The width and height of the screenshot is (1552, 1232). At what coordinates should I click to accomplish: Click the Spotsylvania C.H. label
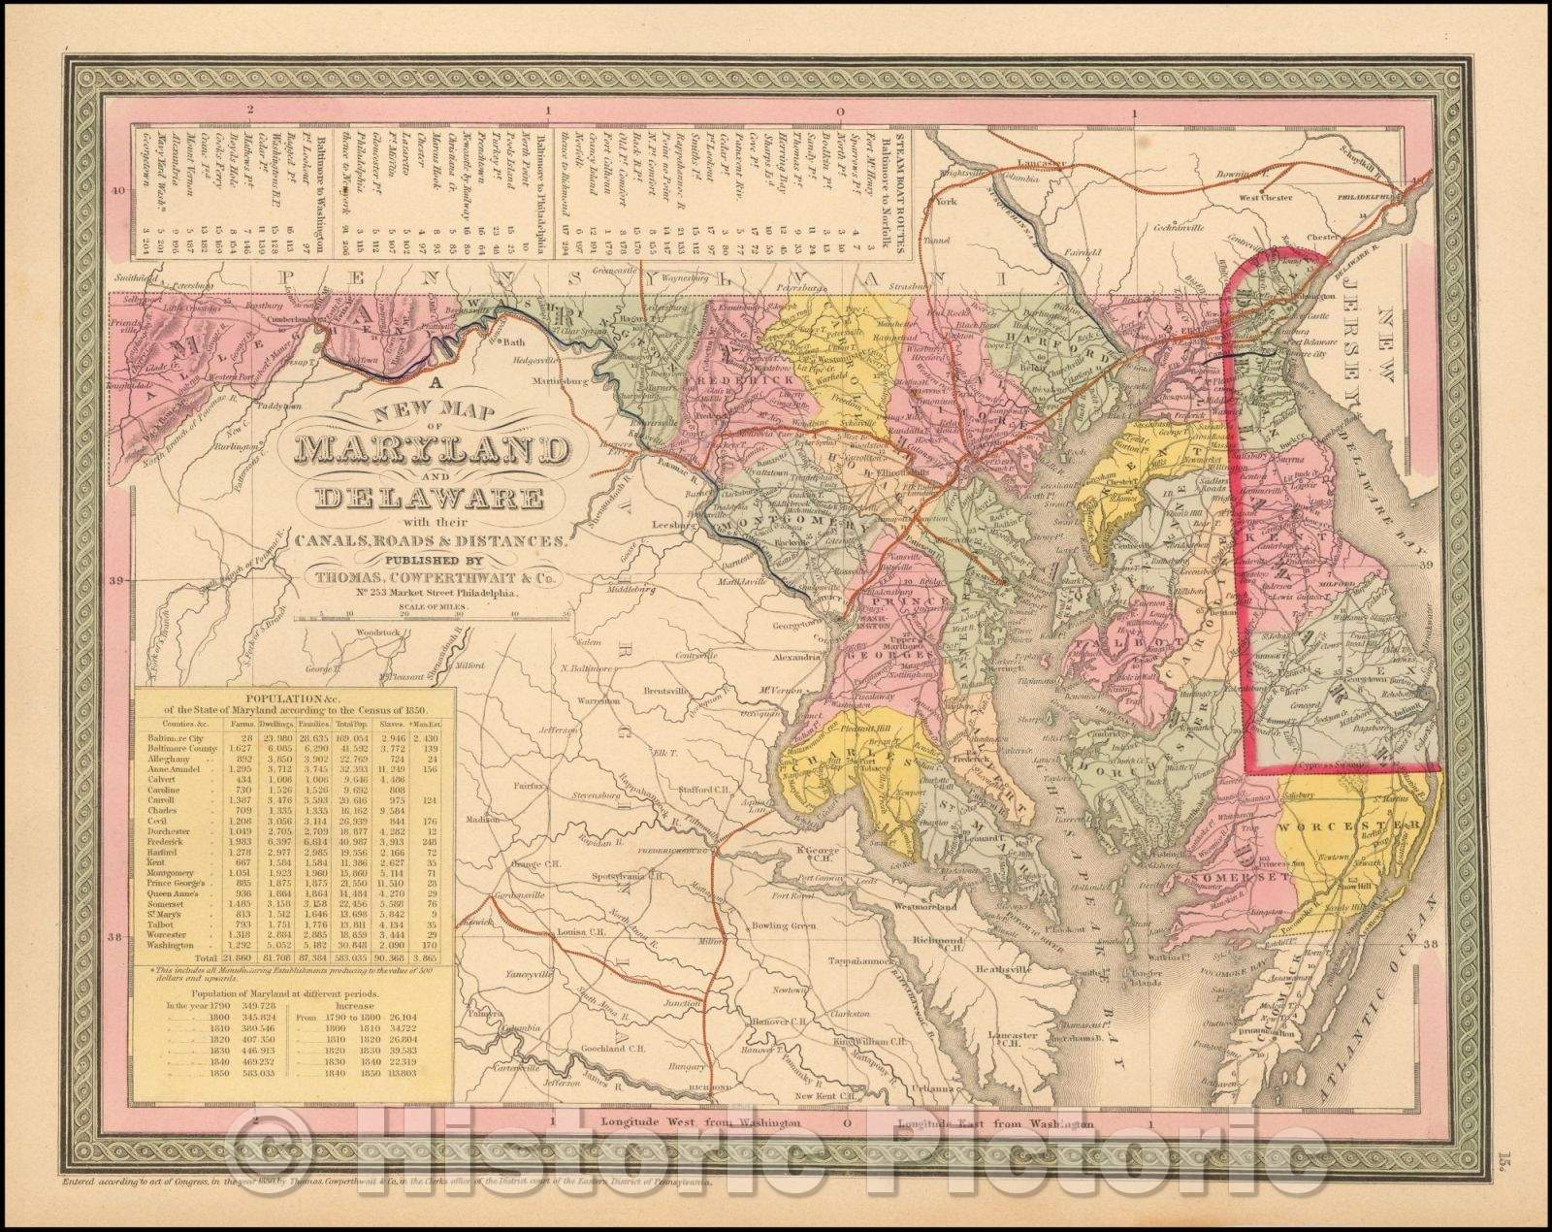626,873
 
